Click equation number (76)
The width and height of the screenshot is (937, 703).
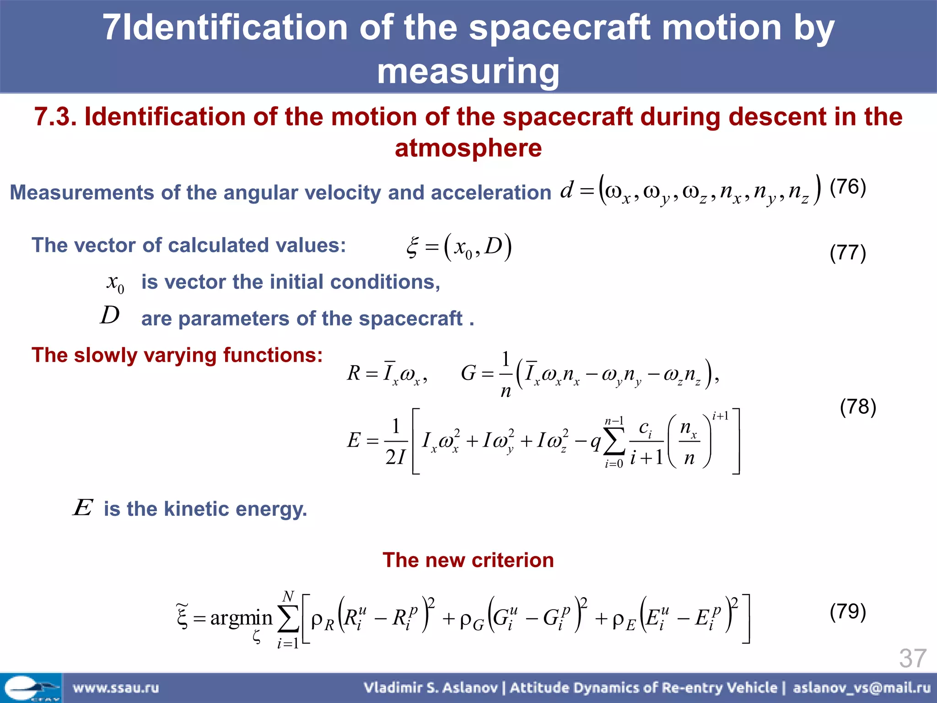[847, 187]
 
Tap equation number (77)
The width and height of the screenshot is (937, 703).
[847, 253]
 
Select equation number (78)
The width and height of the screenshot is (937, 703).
[857, 406]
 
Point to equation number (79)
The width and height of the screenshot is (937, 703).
[847, 611]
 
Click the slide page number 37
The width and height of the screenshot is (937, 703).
[912, 658]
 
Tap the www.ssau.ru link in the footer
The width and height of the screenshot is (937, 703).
[116, 687]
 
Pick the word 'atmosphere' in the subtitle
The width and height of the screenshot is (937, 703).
[468, 148]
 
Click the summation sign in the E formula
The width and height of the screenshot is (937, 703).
[614, 442]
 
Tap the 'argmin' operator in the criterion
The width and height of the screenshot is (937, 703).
[241, 618]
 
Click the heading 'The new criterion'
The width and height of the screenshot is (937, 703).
[468, 560]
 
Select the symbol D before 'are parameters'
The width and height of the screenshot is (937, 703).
[110, 315]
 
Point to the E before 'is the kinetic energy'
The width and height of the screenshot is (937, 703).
[83, 508]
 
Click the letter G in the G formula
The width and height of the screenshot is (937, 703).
[468, 373]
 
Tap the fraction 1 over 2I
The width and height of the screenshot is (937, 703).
[396, 442]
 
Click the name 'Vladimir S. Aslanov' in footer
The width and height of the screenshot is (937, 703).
[431, 687]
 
